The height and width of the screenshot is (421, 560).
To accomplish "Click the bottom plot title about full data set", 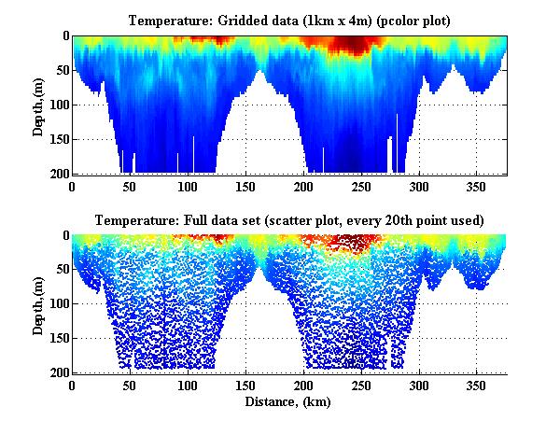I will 288,220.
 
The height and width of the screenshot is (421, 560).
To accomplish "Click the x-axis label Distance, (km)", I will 288,400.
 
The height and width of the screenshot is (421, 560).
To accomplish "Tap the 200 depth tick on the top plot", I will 59,174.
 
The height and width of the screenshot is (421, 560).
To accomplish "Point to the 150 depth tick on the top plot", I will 59,139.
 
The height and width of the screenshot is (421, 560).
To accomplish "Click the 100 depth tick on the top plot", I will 59,105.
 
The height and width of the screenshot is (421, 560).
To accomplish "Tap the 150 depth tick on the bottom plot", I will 59,339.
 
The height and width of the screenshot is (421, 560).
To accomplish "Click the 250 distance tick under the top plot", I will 231,186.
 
